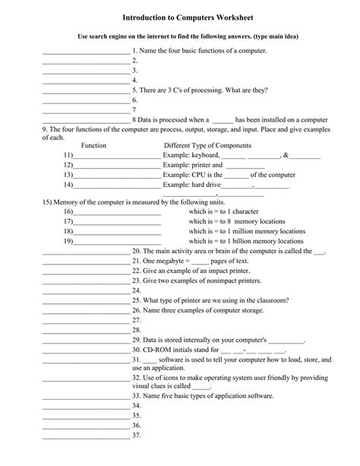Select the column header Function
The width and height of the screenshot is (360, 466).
[93, 144]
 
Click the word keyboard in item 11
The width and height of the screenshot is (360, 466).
[203, 154]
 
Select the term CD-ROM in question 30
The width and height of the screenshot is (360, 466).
[160, 350]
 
